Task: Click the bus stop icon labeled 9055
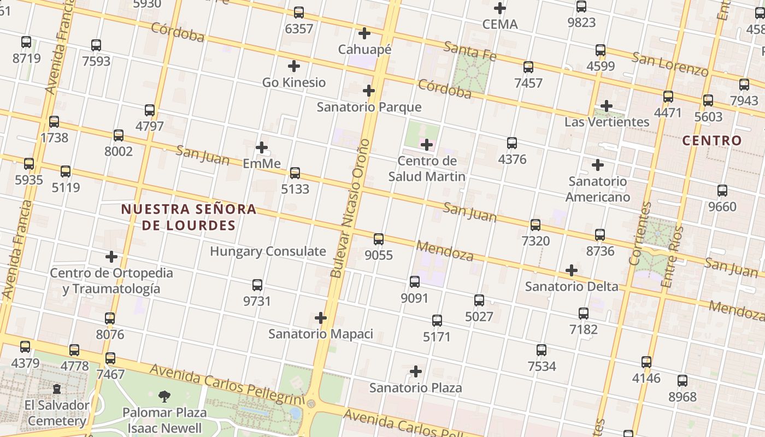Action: pos(379,239)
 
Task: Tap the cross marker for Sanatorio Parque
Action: pos(369,91)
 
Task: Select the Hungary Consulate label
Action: pos(268,251)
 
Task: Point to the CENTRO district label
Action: pos(712,140)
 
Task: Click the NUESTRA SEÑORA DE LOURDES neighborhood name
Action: pos(189,217)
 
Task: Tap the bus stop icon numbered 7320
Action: pos(535,225)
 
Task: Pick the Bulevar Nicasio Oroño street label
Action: pos(350,208)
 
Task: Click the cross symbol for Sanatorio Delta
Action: pos(572,270)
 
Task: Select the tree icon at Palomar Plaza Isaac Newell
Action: pos(164,397)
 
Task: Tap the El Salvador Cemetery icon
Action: pos(57,389)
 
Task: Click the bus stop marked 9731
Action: pos(257,285)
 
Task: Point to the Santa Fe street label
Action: pos(469,51)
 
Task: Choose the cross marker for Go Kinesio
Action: pos(294,67)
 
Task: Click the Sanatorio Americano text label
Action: pos(598,189)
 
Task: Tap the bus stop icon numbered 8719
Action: pos(26,42)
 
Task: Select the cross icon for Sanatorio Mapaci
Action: pos(321,318)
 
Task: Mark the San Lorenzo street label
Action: pos(670,64)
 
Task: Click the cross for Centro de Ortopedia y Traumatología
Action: pos(111,257)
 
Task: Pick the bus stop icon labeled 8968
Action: pos(682,381)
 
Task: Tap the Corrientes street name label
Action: pos(641,234)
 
